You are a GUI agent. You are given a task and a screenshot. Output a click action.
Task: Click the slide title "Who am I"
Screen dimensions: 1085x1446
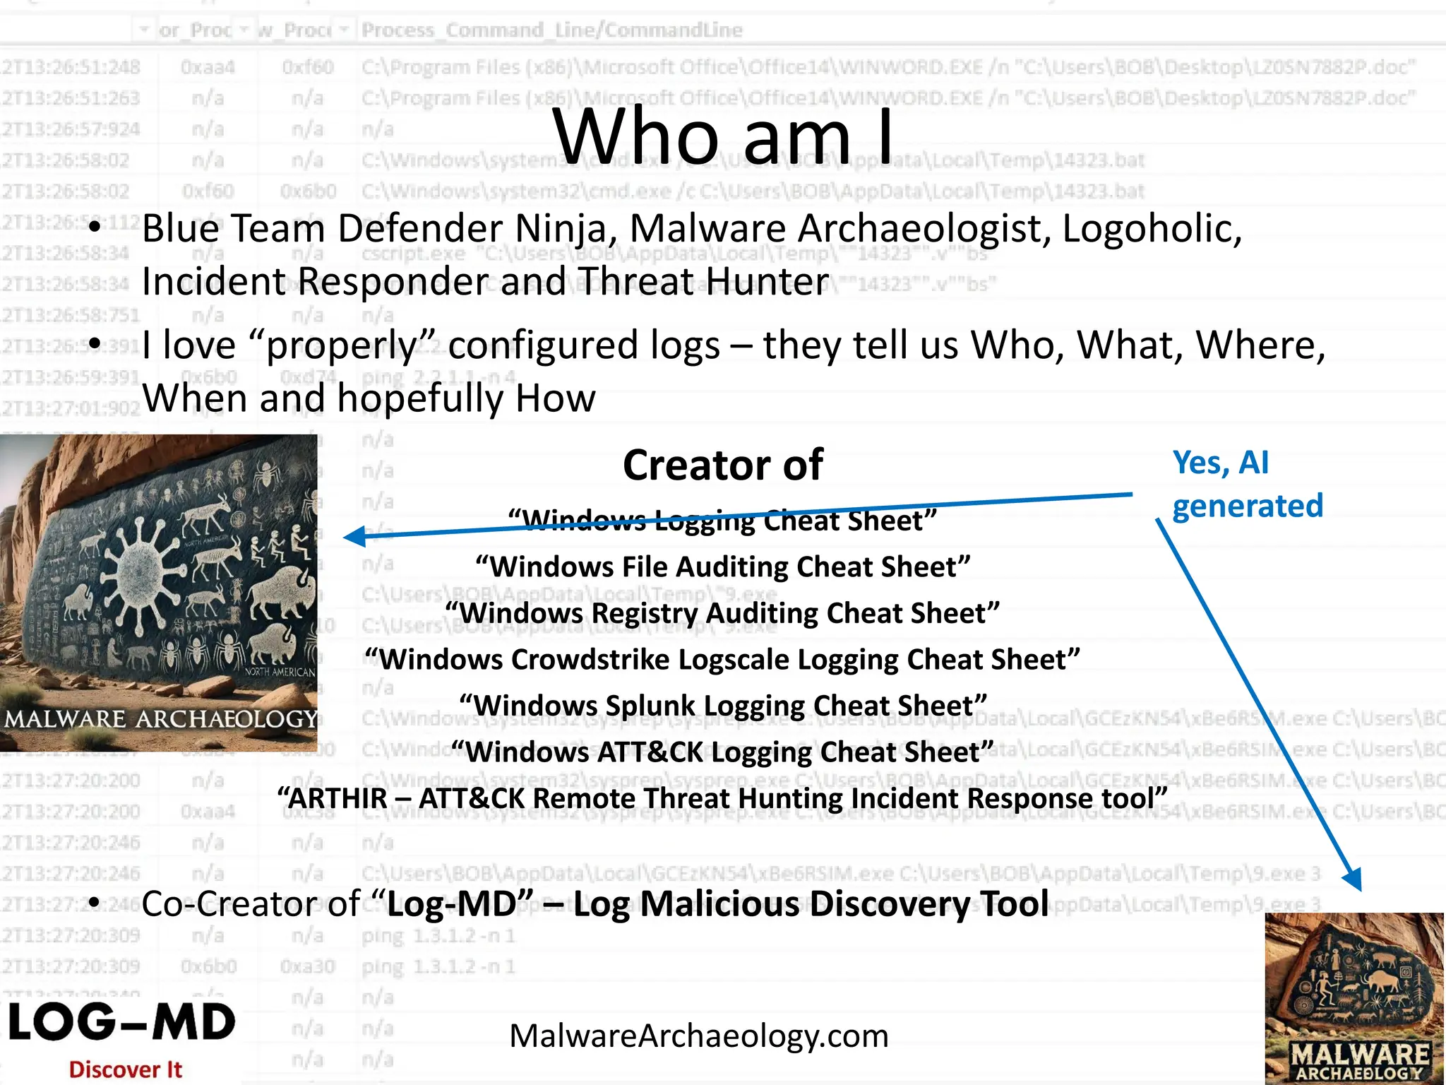[723, 136]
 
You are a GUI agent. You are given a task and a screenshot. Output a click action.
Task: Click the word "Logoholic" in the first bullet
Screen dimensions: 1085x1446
[1151, 229]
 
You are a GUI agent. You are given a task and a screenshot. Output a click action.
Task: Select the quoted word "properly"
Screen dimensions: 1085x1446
[343, 346]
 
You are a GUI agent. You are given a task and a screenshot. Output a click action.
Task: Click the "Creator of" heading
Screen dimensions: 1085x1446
[722, 466]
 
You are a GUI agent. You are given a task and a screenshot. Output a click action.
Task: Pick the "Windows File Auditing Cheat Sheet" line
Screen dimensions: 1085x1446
[722, 567]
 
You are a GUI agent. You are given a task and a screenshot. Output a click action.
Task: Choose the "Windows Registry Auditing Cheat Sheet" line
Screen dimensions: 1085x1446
[722, 613]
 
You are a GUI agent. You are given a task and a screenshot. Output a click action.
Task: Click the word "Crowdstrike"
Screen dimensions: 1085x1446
[589, 660]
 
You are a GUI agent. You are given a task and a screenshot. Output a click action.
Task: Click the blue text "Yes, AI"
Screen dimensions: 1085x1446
[1220, 463]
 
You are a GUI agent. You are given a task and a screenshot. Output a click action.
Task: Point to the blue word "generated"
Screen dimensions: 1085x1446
[1247, 506]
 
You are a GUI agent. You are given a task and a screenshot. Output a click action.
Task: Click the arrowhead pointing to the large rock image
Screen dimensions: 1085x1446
[353, 537]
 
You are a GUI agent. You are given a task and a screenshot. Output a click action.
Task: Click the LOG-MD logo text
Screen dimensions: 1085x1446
[121, 1023]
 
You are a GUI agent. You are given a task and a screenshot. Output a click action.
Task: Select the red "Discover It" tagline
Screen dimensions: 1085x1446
[126, 1069]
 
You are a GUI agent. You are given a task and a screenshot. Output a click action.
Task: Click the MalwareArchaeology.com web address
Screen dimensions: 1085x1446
[699, 1036]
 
